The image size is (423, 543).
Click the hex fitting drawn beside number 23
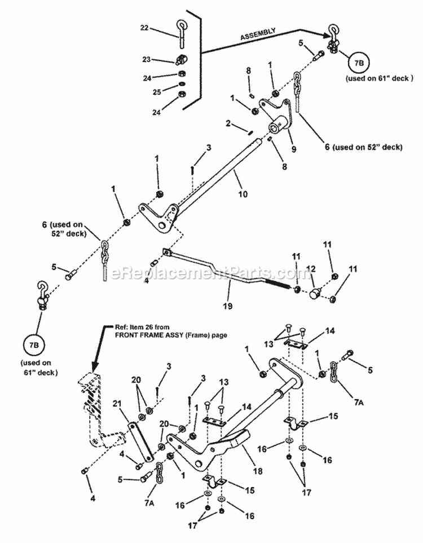click(182, 59)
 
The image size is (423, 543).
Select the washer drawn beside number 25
click(182, 86)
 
